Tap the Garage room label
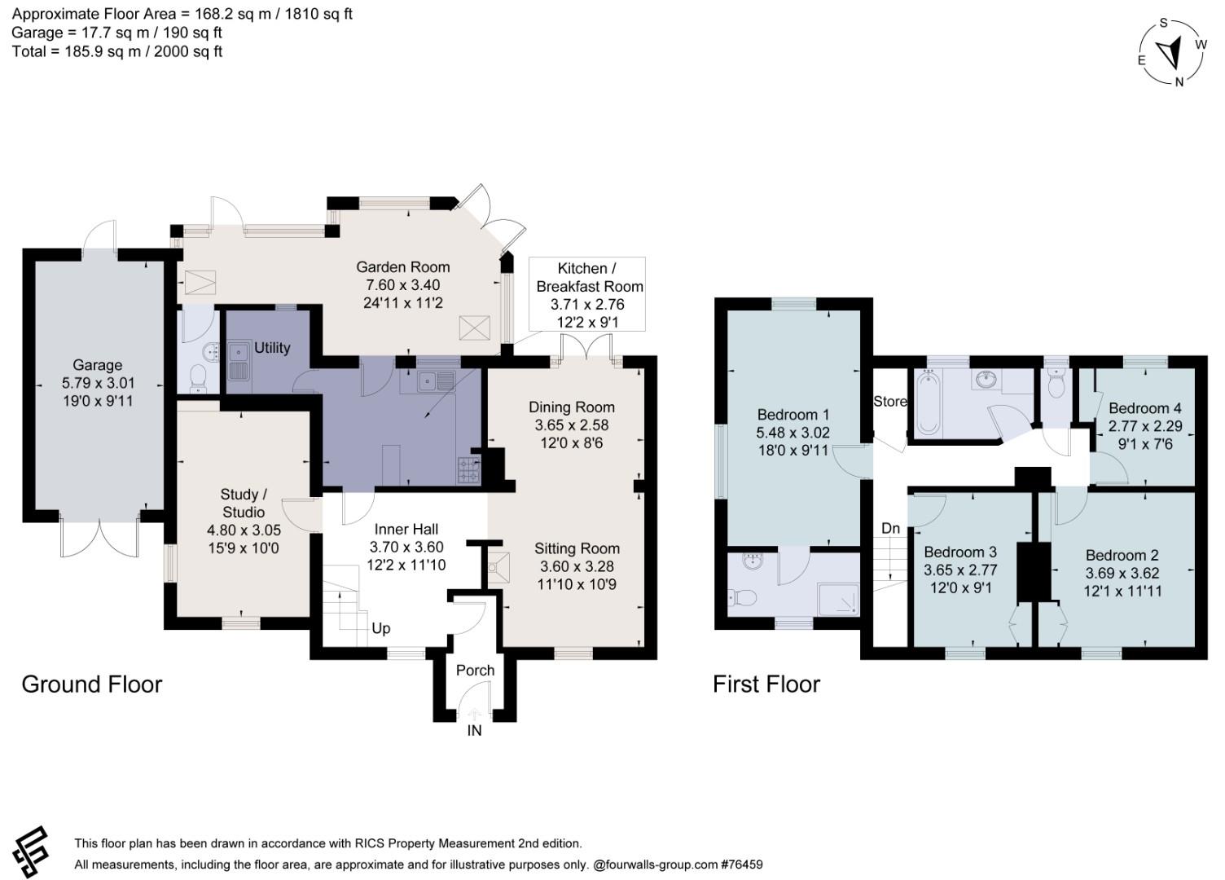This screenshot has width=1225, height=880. point(97,365)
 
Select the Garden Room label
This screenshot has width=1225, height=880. point(402,267)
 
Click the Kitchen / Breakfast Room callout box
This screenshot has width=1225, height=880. point(588,294)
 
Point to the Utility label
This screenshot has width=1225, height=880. point(272,348)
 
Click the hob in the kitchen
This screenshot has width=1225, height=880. point(469,469)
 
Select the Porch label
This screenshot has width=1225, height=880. point(475,670)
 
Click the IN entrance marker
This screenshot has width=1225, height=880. point(474,731)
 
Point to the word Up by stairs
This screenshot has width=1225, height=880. point(380,628)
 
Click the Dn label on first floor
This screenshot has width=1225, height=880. point(890,528)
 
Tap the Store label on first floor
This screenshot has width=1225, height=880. point(889,401)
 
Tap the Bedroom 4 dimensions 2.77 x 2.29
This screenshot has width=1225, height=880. point(1144,426)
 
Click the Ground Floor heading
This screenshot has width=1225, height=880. point(92,684)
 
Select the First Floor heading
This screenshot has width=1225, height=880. point(766,684)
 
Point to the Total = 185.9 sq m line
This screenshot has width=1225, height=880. point(117,51)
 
